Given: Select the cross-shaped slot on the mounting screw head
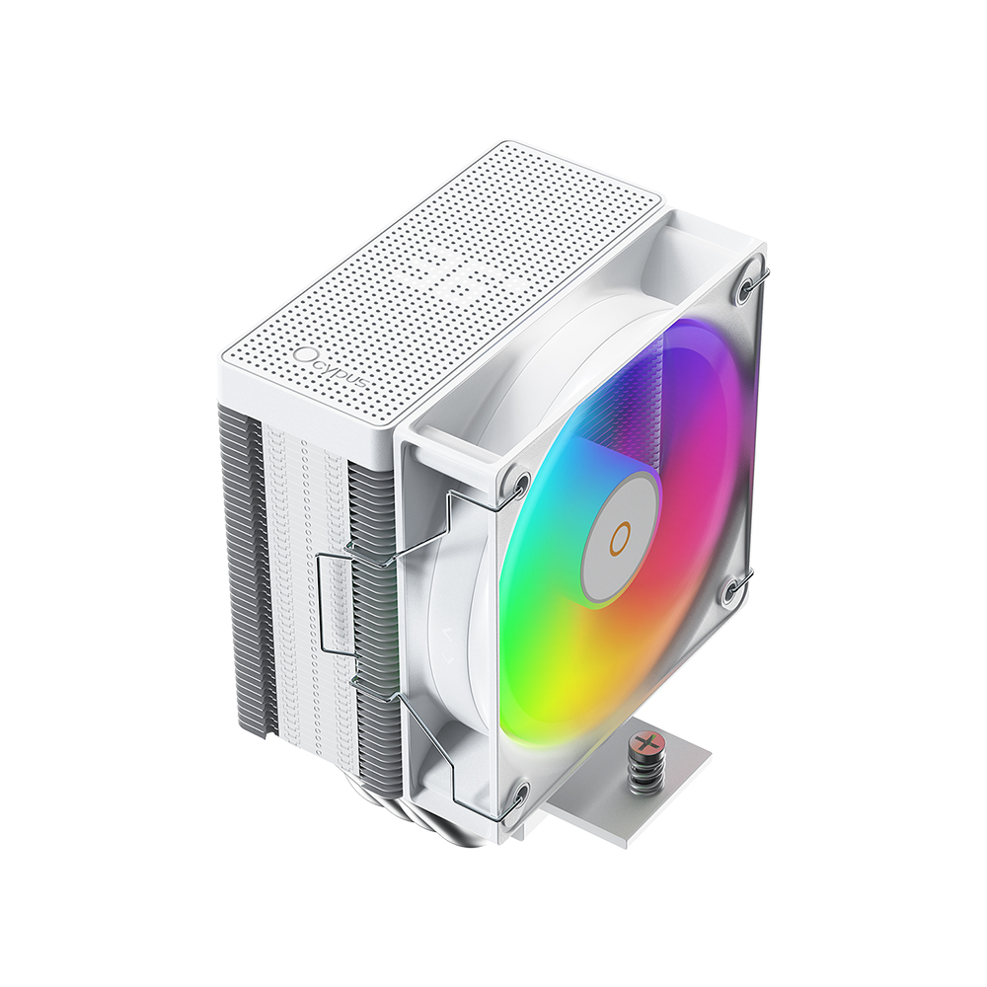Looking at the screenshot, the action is pyautogui.click(x=644, y=741).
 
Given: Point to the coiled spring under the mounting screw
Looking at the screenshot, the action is pyautogui.click(x=643, y=769).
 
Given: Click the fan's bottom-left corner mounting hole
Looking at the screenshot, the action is pyautogui.click(x=519, y=797).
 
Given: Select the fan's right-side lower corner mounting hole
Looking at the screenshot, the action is pyautogui.click(x=732, y=591).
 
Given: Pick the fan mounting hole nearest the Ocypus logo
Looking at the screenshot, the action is pyautogui.click(x=520, y=483).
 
